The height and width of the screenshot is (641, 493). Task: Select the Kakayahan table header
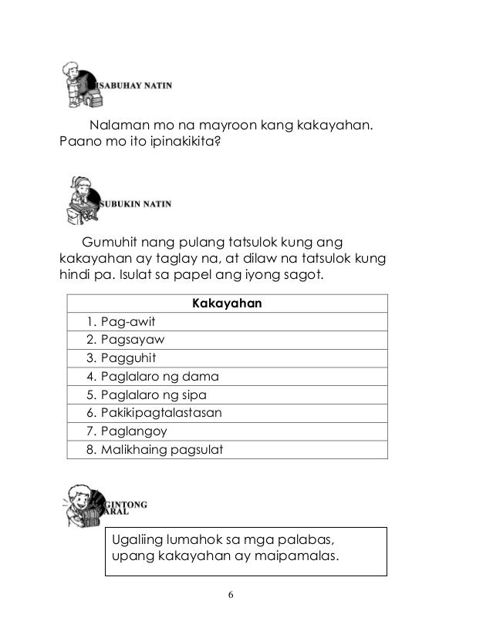coord(226,304)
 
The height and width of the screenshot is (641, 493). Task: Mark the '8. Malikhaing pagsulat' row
coord(155,449)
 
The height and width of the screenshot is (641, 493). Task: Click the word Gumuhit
coord(110,241)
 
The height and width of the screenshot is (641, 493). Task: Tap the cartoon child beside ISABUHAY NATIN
coord(78,82)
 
